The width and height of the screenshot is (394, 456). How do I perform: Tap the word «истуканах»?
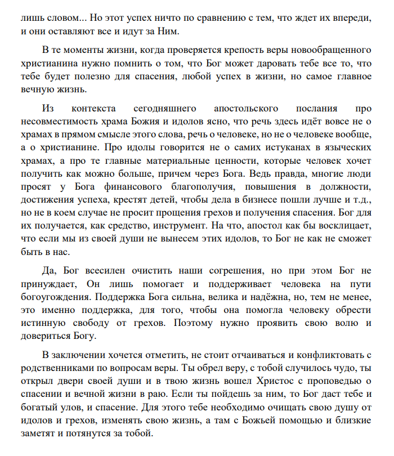coord(262,147)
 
